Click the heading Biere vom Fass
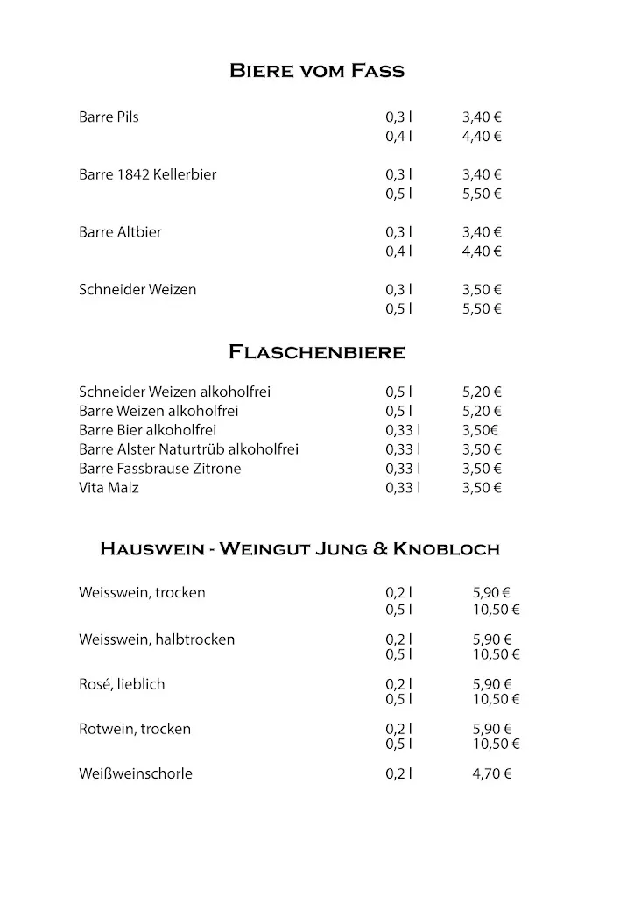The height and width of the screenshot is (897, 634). pyautogui.click(x=316, y=70)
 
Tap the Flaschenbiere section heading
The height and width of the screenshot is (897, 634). pyautogui.click(x=316, y=352)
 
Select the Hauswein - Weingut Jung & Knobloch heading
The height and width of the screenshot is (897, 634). pyautogui.click(x=299, y=549)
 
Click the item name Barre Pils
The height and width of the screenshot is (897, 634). pyautogui.click(x=109, y=117)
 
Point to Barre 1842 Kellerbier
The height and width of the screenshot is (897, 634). pyautogui.click(x=147, y=174)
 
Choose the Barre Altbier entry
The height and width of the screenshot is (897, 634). pyautogui.click(x=120, y=232)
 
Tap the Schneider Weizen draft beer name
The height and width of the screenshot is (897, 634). pyautogui.click(x=137, y=289)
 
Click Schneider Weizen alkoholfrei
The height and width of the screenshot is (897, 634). pyautogui.click(x=174, y=392)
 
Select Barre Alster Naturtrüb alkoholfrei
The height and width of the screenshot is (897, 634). pyautogui.click(x=188, y=449)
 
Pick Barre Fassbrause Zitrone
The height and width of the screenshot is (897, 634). pyautogui.click(x=159, y=469)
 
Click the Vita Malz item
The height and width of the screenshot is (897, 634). pyautogui.click(x=109, y=488)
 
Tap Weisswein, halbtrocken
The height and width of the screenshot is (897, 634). pyautogui.click(x=157, y=639)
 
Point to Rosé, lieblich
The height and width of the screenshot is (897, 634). pyautogui.click(x=122, y=684)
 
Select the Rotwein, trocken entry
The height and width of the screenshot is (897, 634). pyautogui.click(x=135, y=729)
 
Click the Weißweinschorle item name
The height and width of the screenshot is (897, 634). pyautogui.click(x=136, y=773)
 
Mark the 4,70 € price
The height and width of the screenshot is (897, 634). pyautogui.click(x=492, y=773)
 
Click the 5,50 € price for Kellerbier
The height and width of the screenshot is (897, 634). pyautogui.click(x=482, y=194)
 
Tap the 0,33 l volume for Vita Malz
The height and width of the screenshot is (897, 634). pyautogui.click(x=402, y=488)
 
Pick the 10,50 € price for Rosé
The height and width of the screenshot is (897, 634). pyautogui.click(x=497, y=699)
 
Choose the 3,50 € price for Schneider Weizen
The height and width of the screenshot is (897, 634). pyautogui.click(x=482, y=289)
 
